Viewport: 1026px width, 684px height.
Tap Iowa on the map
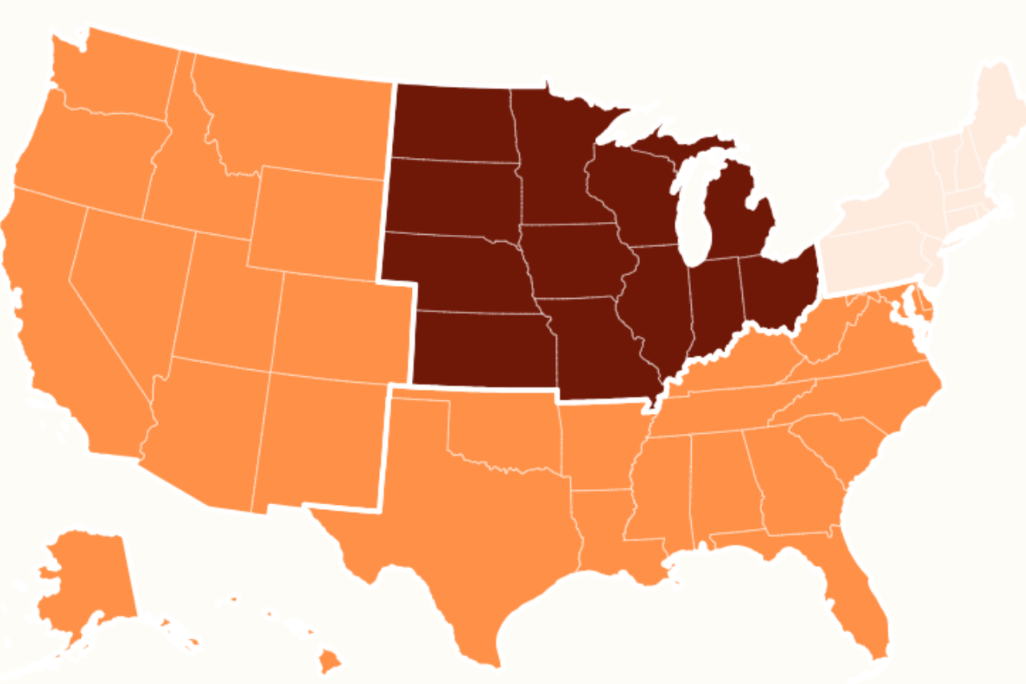[x=576, y=262]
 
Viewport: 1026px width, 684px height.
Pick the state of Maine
[x=999, y=109]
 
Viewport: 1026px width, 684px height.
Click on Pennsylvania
[x=872, y=262]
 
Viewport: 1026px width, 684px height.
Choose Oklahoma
[x=506, y=432]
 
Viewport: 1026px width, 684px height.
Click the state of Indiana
[x=715, y=305]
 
